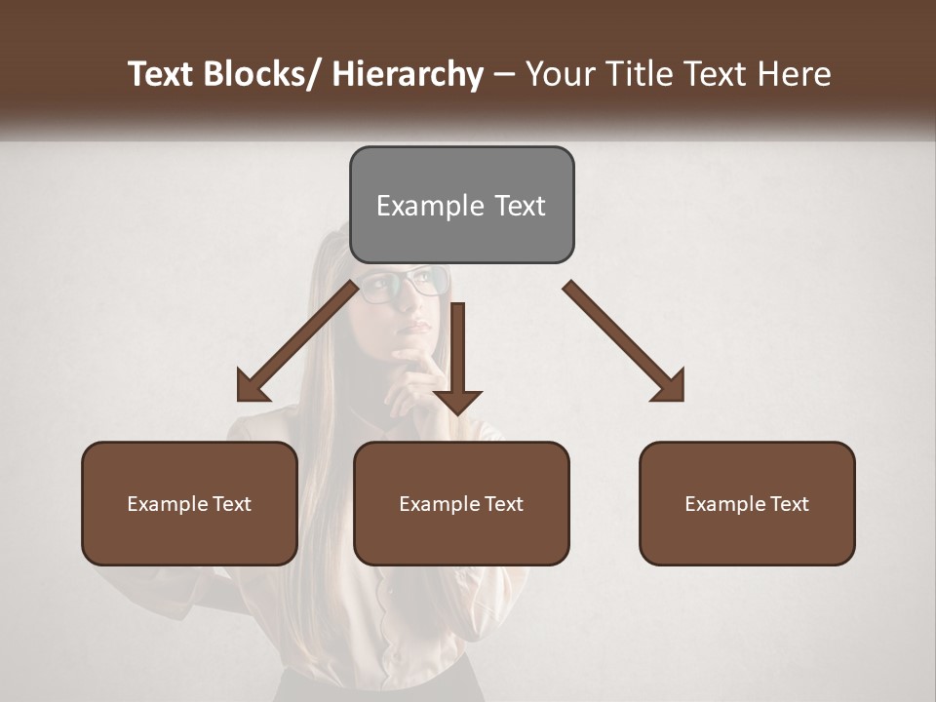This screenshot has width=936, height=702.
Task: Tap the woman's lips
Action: click(x=416, y=328)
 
